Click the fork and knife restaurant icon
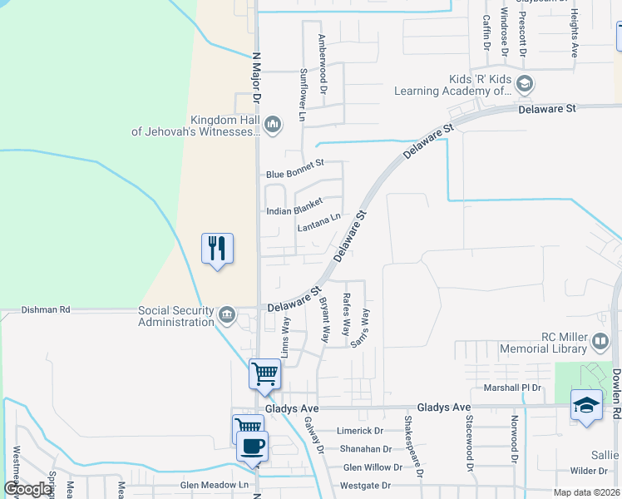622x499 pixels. [x=217, y=248]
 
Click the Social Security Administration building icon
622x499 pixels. [x=227, y=315]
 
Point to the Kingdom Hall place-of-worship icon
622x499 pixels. [x=274, y=126]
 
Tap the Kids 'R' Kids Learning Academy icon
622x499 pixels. [x=525, y=83]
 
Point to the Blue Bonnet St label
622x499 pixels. [x=294, y=174]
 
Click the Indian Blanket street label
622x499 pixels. [x=294, y=211]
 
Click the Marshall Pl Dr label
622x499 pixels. [x=512, y=388]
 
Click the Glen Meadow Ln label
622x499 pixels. [x=215, y=485]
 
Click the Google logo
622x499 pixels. [x=28, y=489]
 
